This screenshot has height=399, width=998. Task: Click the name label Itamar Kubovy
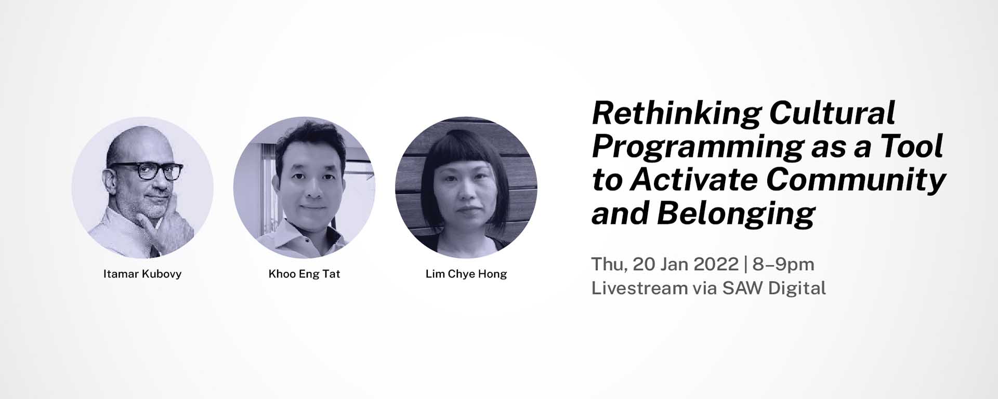pos(142,274)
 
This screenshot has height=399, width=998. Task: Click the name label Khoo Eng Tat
pos(304,274)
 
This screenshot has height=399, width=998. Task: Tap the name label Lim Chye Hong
pos(466,274)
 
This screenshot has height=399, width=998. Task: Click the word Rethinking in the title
pos(676,114)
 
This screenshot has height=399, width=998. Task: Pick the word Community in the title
pos(856,181)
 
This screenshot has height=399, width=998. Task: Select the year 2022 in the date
pos(716,264)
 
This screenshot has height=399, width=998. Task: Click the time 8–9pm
pos(783,264)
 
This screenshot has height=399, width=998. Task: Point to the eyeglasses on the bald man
pos(146,170)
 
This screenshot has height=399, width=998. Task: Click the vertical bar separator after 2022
pos(746,264)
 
